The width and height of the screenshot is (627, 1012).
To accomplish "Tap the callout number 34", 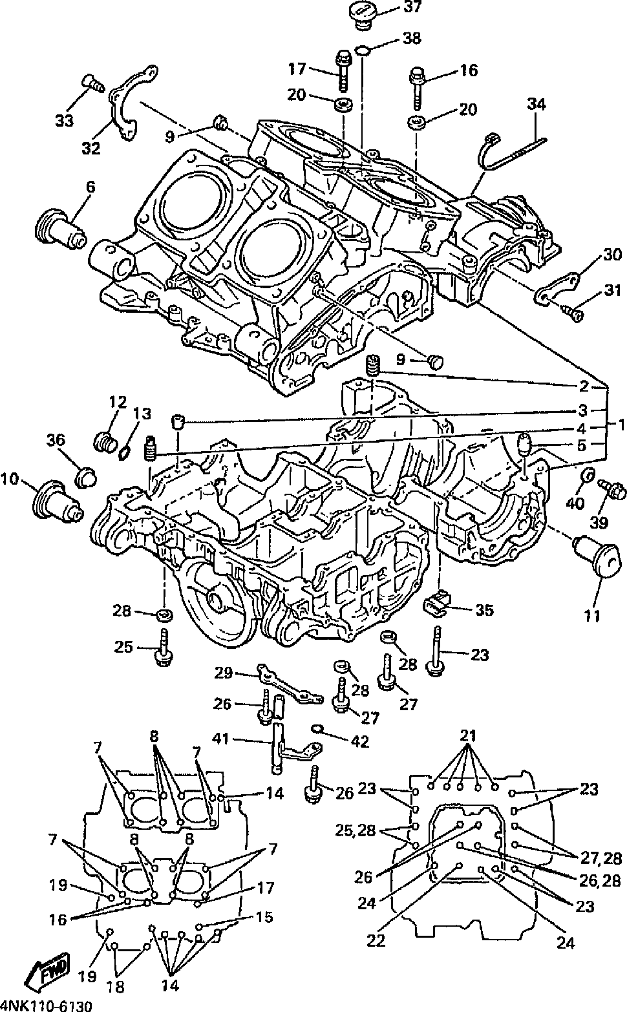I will point(536,103).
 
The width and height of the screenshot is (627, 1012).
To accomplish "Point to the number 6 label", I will point(90,187).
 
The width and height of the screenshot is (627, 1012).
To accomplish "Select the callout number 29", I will point(223,673).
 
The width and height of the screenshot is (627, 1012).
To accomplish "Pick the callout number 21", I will point(468,735).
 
